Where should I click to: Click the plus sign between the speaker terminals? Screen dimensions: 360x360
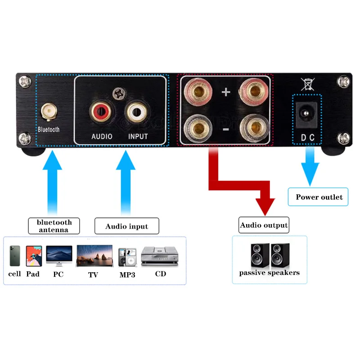(x=226, y=93)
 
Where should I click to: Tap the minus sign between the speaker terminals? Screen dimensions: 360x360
(x=226, y=130)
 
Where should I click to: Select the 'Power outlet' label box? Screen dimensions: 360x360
(x=319, y=197)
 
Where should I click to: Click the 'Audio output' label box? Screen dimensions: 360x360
(x=264, y=225)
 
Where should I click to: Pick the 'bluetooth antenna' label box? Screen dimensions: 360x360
(x=54, y=226)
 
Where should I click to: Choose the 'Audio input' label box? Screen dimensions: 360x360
(x=126, y=226)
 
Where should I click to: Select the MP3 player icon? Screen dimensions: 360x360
(x=127, y=258)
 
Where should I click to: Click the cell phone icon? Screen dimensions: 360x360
(x=15, y=256)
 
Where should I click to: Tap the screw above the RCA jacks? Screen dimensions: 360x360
(x=119, y=94)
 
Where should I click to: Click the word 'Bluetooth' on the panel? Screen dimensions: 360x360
(x=49, y=130)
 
